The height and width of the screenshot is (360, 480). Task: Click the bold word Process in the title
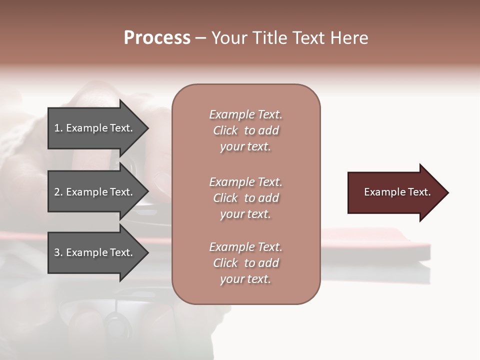coord(157,38)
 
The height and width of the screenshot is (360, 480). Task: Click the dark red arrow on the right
coord(395,192)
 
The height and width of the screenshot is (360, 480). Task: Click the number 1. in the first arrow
coord(58,128)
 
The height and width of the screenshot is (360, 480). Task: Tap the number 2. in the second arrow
coord(58,192)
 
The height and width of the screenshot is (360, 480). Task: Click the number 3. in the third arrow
coord(58,252)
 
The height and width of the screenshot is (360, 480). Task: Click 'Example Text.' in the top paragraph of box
coord(245,114)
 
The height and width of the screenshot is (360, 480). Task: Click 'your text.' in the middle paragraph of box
coord(245,214)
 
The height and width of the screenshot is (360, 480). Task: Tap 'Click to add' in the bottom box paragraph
coord(245,263)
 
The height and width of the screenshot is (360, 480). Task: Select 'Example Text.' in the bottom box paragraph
coord(245,247)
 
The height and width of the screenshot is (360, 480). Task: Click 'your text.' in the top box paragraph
coord(245,147)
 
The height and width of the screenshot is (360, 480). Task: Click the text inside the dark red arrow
coord(397,192)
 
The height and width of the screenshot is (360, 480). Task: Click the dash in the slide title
coord(200,38)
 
